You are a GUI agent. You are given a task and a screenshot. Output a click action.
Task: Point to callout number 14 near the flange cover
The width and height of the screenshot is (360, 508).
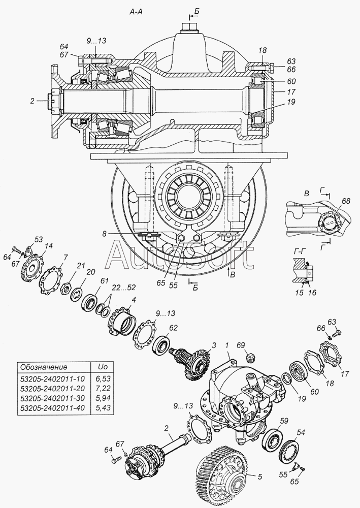coord(49,247)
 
